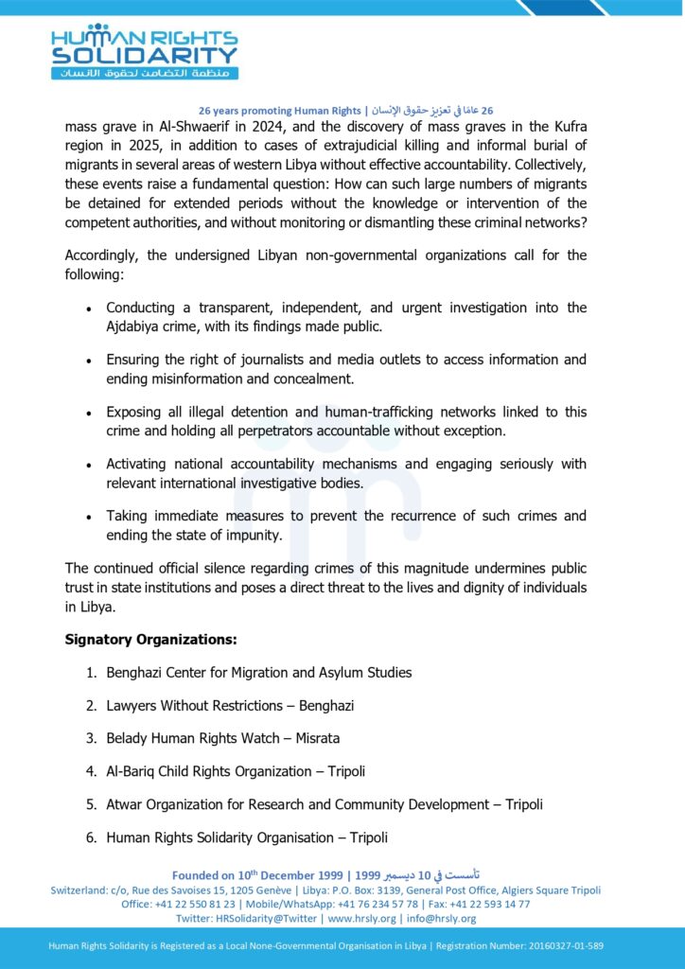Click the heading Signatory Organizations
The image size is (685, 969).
[x=150, y=640]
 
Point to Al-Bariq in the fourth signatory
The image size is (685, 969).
[x=132, y=771]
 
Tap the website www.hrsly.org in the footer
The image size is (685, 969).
[x=361, y=918]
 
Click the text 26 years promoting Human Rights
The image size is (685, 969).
[x=280, y=110]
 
